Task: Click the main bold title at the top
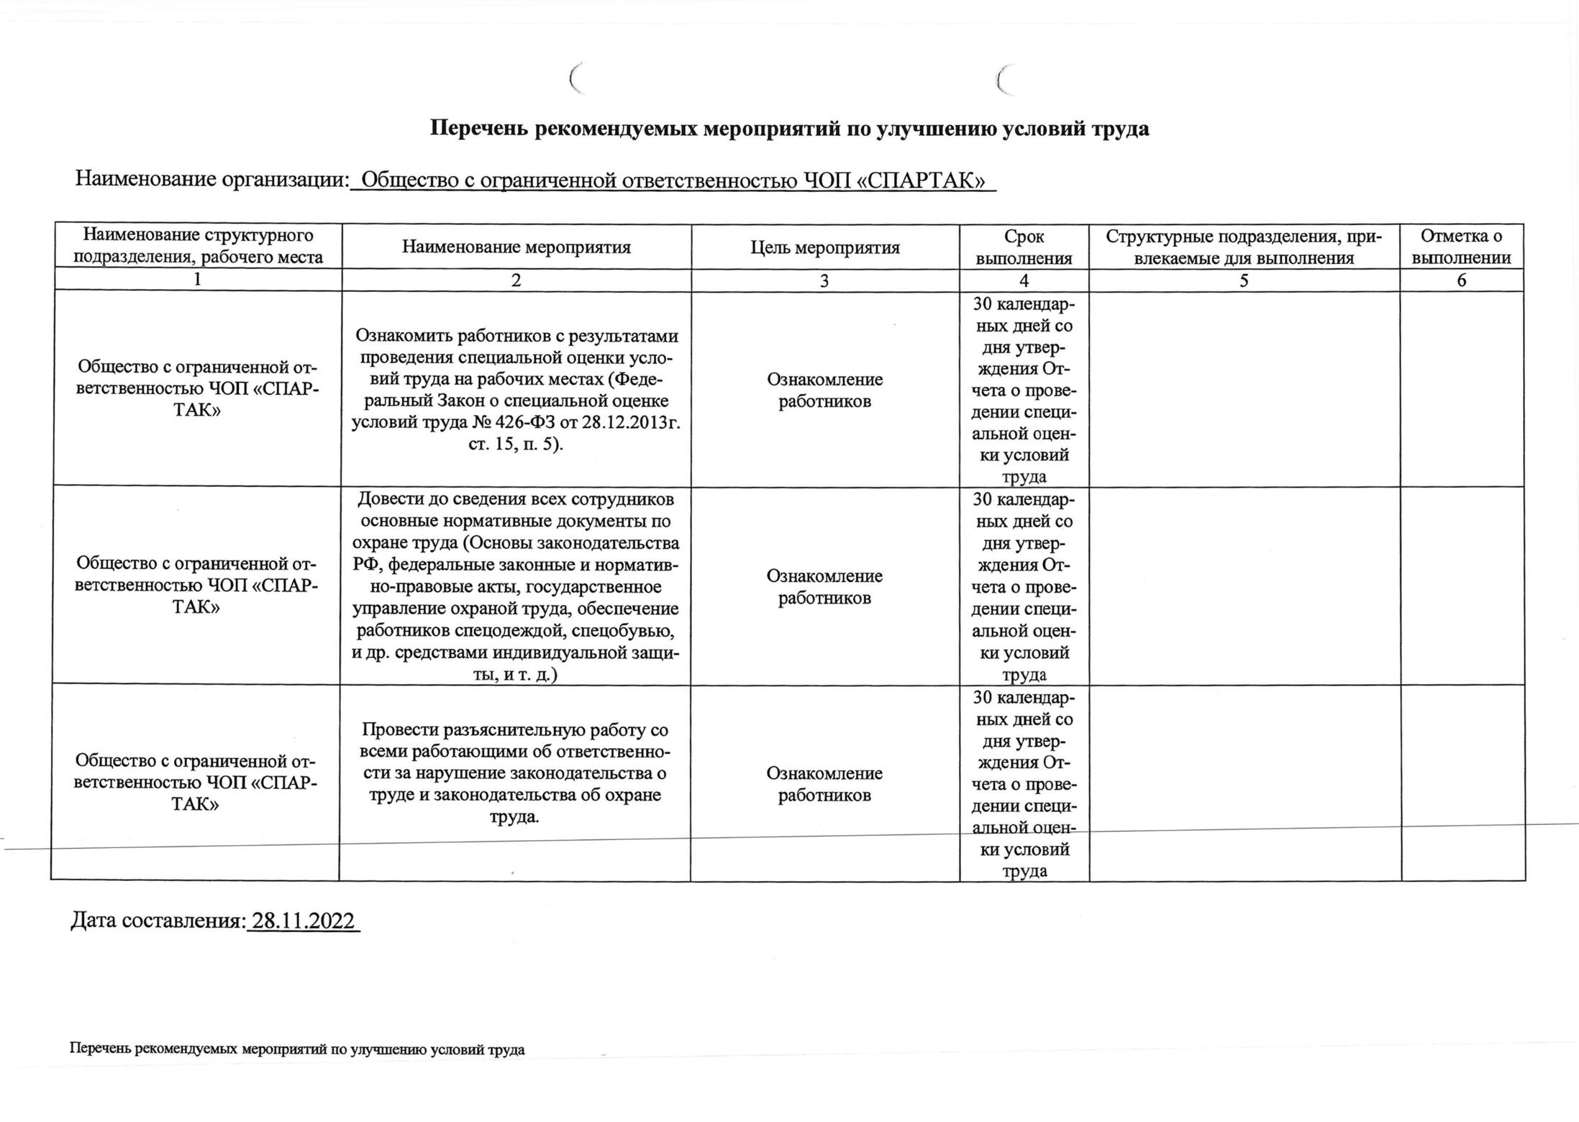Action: (x=789, y=129)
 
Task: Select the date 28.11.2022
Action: (x=303, y=921)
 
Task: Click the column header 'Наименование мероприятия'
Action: (x=516, y=247)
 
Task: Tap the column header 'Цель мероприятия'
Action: (x=825, y=248)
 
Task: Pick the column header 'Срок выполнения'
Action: (x=1024, y=247)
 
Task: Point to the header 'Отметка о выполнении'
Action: (x=1461, y=247)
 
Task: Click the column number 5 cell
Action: (x=1244, y=280)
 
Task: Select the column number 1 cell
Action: (x=197, y=280)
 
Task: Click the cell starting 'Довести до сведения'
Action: (x=515, y=586)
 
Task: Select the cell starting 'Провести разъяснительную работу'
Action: (x=515, y=773)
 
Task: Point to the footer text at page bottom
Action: (x=297, y=1049)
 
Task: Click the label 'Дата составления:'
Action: (x=158, y=921)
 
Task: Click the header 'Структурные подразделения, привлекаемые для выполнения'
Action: (x=1244, y=247)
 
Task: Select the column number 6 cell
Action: (x=1461, y=280)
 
